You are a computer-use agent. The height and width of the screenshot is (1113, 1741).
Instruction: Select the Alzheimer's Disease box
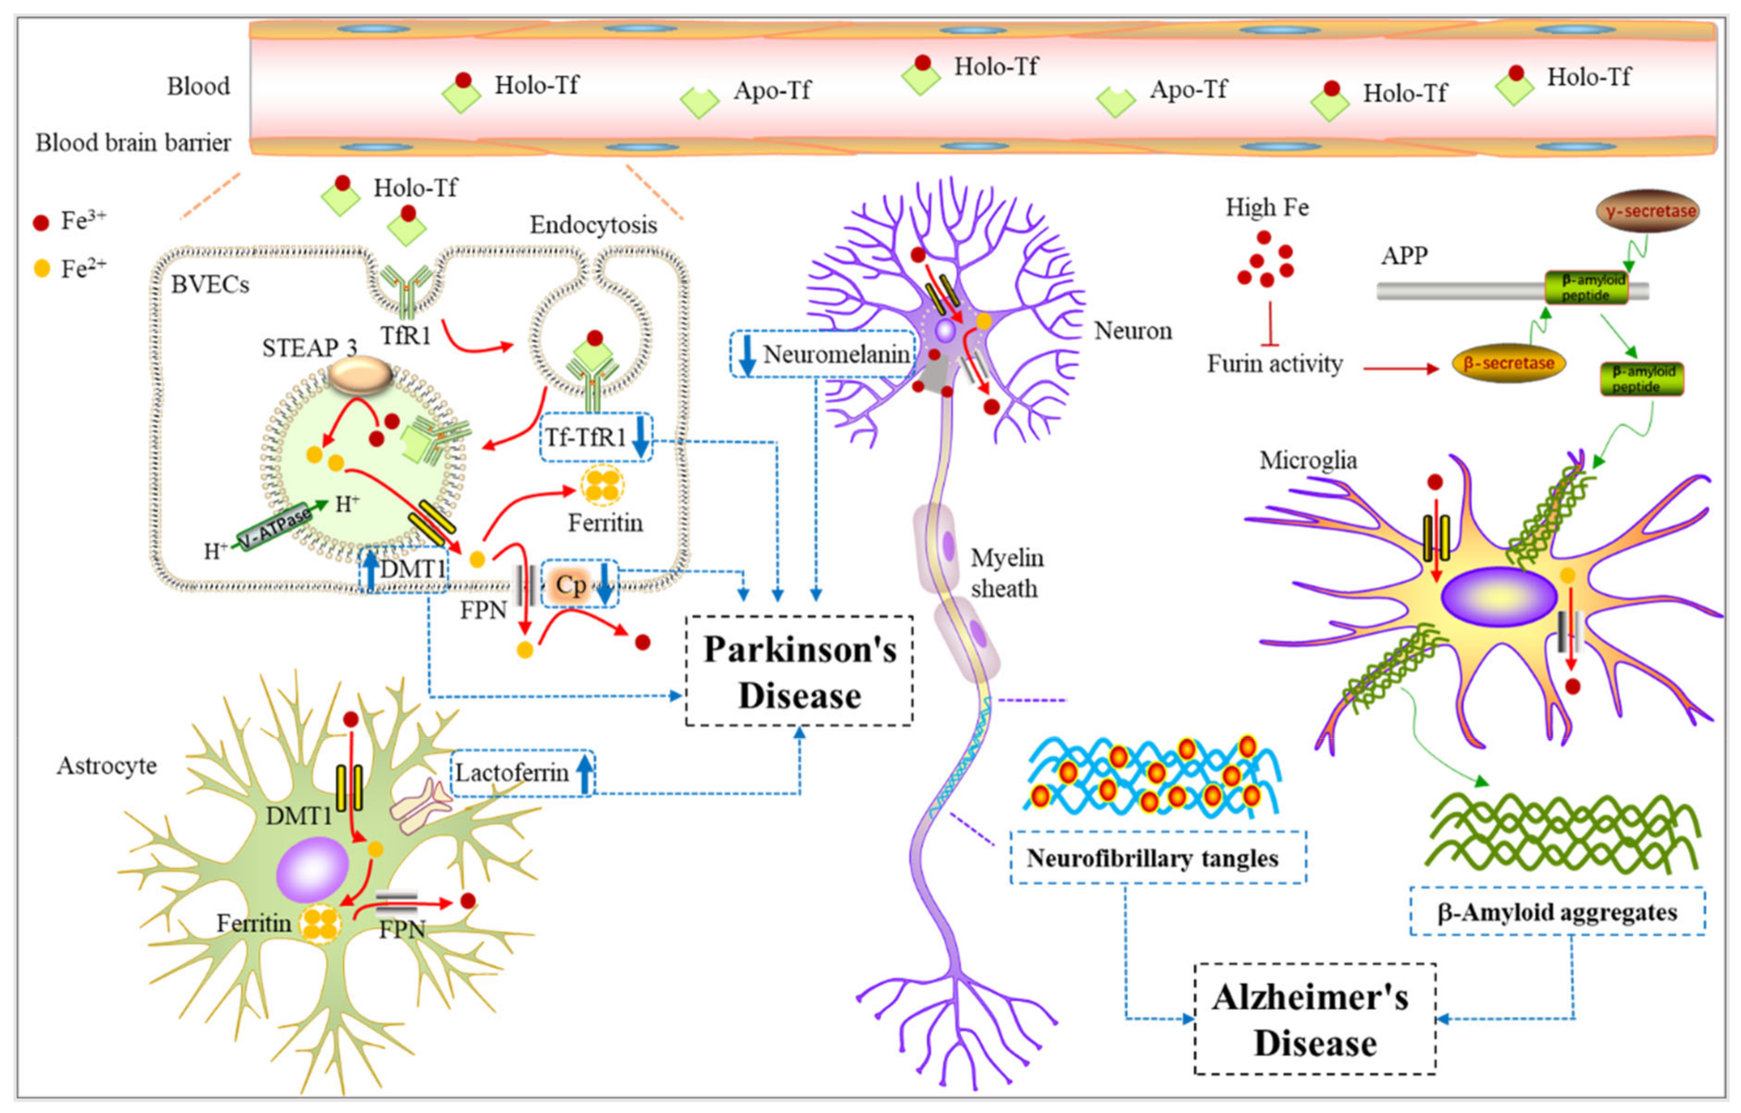[1314, 1019]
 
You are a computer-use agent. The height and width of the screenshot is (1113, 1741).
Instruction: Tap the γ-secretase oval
[1647, 211]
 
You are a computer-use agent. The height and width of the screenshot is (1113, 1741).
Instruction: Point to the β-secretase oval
[1508, 363]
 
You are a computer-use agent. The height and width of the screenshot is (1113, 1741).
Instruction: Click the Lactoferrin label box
[522, 773]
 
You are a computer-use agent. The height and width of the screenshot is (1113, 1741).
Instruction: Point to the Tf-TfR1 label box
[596, 437]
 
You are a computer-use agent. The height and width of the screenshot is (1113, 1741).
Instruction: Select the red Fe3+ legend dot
[41, 222]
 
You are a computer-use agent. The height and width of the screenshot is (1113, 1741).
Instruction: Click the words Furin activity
[1274, 364]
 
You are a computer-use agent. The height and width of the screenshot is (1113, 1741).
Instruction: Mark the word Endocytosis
[593, 225]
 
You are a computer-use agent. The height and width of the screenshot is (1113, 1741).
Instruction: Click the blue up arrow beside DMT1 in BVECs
[370, 569]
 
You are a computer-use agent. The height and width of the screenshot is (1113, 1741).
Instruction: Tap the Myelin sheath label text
[1006, 573]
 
